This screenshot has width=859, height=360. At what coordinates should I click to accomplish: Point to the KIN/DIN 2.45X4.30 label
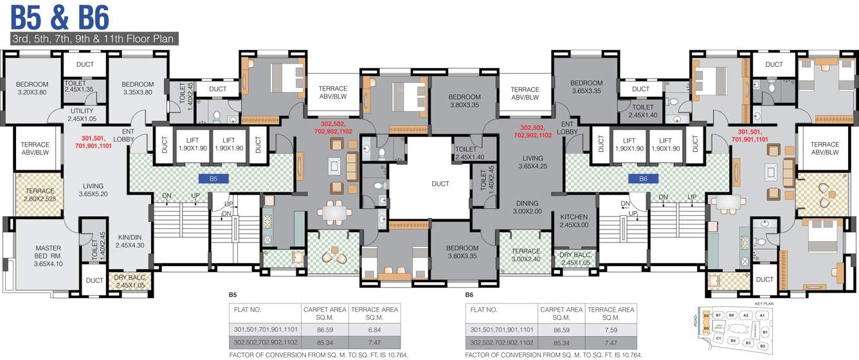[131, 240]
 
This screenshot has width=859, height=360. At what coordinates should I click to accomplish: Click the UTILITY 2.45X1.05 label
[82, 115]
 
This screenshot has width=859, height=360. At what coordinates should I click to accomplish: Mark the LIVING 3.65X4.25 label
[532, 162]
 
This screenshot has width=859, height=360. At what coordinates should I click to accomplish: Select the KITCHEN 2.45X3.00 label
[574, 221]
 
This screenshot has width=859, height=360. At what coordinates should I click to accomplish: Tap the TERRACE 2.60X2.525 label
[40, 195]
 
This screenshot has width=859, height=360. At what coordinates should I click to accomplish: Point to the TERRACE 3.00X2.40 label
[526, 255]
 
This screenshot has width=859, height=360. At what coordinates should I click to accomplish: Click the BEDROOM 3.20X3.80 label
[32, 88]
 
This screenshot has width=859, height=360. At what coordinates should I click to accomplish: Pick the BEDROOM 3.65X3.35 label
[586, 87]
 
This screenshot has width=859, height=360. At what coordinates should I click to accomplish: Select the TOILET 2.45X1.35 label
[79, 86]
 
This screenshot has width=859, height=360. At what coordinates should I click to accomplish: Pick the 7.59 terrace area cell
[611, 329]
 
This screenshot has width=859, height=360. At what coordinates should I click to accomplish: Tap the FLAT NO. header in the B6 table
[484, 309]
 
